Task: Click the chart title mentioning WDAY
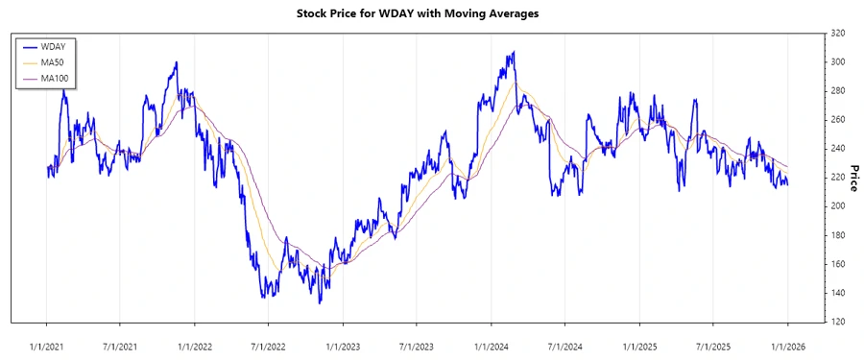click(431, 15)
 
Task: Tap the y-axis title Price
click(852, 177)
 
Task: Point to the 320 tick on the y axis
click(837, 34)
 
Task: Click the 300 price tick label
click(837, 62)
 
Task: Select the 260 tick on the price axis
click(837, 120)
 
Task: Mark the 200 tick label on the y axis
click(837, 206)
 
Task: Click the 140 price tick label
click(837, 293)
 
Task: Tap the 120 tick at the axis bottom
click(837, 322)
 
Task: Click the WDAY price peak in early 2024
click(514, 52)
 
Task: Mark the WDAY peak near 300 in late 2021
click(176, 62)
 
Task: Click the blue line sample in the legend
click(28, 45)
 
